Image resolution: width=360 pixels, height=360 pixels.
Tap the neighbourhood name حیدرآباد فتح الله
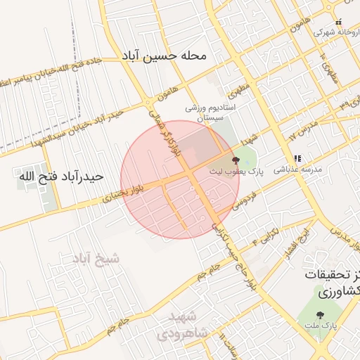(63, 176)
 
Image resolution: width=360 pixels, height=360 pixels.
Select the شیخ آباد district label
(96, 258)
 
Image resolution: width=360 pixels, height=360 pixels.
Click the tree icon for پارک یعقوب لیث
(235, 161)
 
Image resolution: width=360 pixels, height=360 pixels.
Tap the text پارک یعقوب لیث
(236, 171)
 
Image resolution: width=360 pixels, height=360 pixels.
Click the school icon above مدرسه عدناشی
(297, 158)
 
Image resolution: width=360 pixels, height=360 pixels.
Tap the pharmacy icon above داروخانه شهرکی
(338, 21)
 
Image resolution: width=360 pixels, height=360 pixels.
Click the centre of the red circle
(180, 179)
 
